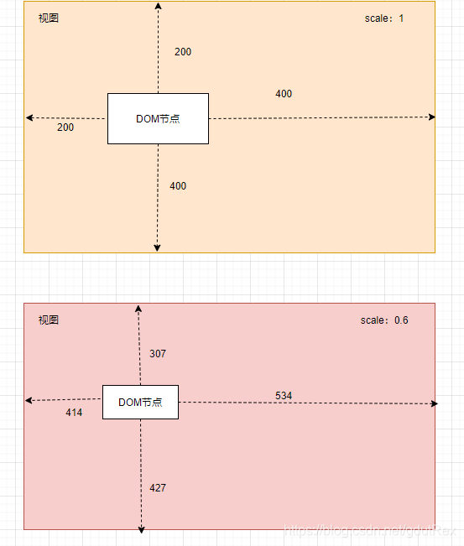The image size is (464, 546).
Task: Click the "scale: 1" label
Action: [x=383, y=18]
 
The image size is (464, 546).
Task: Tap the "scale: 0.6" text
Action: [x=384, y=320]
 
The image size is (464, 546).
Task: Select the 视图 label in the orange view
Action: [x=49, y=18]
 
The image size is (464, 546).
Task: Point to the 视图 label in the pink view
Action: [x=49, y=320]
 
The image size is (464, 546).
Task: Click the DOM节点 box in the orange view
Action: [x=158, y=119]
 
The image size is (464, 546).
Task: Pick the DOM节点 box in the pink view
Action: [x=140, y=403]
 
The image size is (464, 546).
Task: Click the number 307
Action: [x=158, y=354]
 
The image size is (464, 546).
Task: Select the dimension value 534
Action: [x=284, y=396]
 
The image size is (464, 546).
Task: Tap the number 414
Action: [x=74, y=413]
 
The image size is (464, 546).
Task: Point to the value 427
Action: [x=158, y=488]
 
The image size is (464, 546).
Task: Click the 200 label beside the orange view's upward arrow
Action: [x=183, y=52]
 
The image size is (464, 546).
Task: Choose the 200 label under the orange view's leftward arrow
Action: [x=65, y=127]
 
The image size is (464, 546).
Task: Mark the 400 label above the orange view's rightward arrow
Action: [x=284, y=94]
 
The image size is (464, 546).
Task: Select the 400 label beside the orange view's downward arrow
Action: [x=178, y=186]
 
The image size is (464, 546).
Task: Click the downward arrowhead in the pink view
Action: [x=141, y=530]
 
